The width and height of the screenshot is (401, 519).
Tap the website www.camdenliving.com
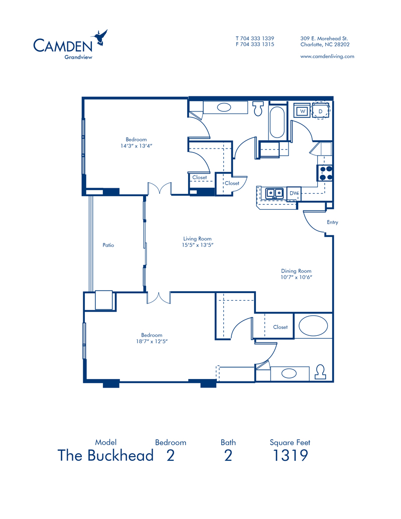(327, 57)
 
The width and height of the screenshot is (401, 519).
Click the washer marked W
(302, 110)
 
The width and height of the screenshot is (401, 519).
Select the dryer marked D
(321, 110)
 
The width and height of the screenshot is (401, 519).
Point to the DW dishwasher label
(294, 193)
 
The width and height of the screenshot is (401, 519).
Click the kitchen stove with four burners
(325, 173)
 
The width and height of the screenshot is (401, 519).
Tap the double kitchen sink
(275, 193)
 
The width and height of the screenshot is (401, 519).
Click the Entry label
(332, 222)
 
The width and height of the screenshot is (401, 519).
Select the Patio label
(108, 245)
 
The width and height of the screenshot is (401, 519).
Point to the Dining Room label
(296, 271)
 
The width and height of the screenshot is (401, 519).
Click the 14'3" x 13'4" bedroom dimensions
(137, 146)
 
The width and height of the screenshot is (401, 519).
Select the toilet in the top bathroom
(258, 108)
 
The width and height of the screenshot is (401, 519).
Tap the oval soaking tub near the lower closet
(313, 326)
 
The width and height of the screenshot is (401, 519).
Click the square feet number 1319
(290, 455)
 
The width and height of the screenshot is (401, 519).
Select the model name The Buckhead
(106, 455)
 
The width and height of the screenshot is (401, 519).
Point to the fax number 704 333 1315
(258, 44)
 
